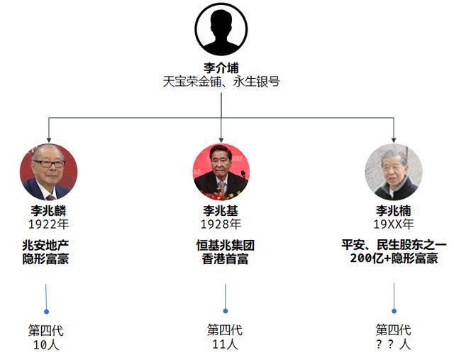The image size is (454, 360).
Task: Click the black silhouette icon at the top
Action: pyautogui.click(x=221, y=29)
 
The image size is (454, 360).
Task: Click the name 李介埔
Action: pyautogui.click(x=221, y=68)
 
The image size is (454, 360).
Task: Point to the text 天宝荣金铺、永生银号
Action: pyautogui.click(x=221, y=82)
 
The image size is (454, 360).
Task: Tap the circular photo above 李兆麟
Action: pyautogui.click(x=49, y=172)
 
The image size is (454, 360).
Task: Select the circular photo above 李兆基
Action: pyautogui.click(x=221, y=173)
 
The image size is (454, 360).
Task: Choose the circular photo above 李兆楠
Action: pyautogui.click(x=394, y=172)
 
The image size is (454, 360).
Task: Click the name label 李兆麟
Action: pyautogui.click(x=49, y=211)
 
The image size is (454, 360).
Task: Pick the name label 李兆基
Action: pyautogui.click(x=221, y=211)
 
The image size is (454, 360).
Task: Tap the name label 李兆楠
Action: pyautogui.click(x=394, y=211)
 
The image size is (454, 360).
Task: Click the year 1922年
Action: pyautogui.click(x=49, y=224)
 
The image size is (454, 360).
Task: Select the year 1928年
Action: pyautogui.click(x=221, y=224)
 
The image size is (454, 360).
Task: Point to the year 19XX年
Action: pyautogui.click(x=394, y=224)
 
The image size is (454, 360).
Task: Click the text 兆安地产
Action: pyautogui.click(x=45, y=246)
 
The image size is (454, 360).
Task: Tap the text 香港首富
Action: pyautogui.click(x=226, y=259)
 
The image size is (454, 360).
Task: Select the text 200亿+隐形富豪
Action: pyautogui.click(x=394, y=258)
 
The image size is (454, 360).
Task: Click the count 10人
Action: pyautogui.click(x=46, y=344)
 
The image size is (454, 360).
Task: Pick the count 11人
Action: pyautogui.click(x=225, y=344)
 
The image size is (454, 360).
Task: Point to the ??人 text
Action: pyautogui.click(x=393, y=344)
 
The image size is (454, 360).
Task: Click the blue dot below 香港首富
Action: pyautogui.click(x=226, y=311)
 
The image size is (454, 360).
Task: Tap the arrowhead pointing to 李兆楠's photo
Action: pyautogui.click(x=394, y=140)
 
